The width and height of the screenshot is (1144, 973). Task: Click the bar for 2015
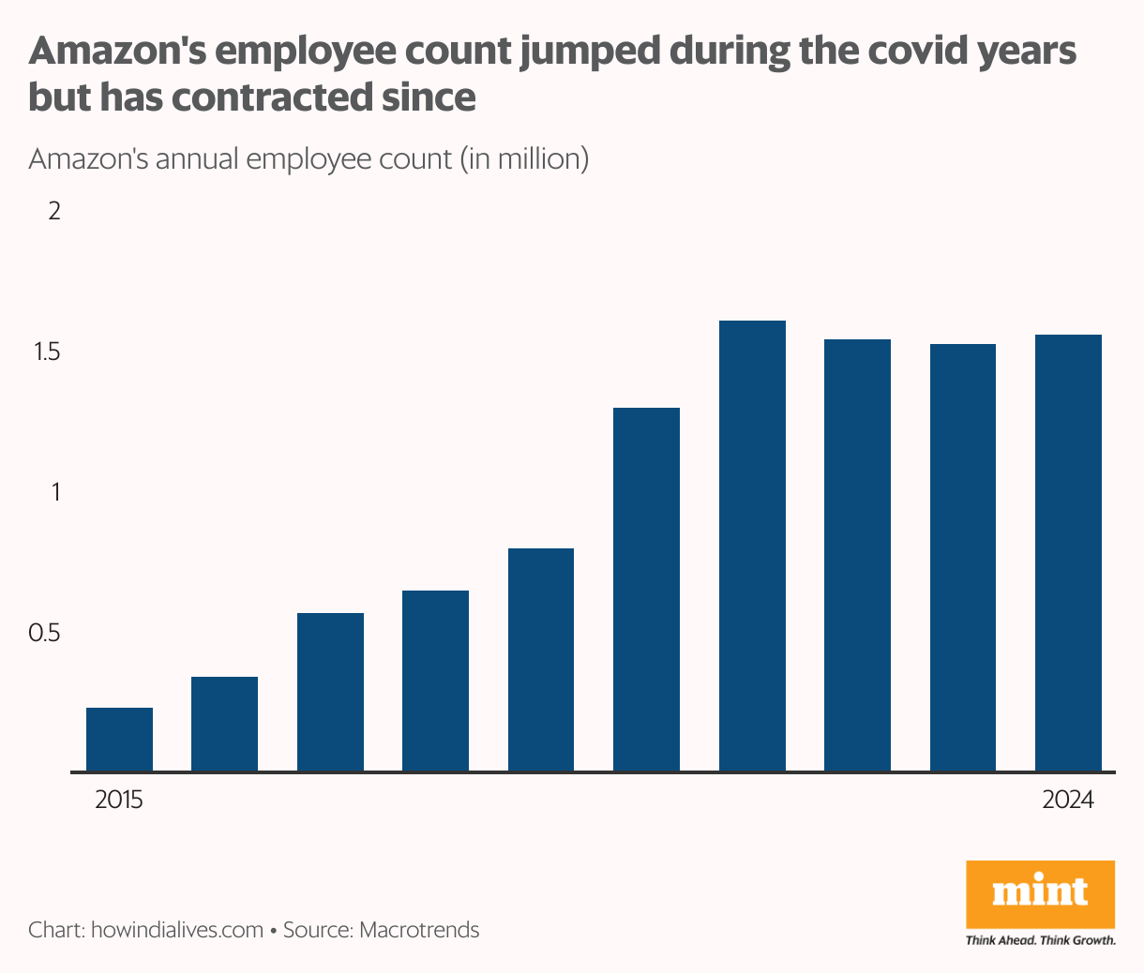click(119, 740)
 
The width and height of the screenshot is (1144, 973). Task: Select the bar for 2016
click(224, 724)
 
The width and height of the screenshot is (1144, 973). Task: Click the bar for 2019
click(541, 660)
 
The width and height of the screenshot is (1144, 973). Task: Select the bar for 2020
click(646, 590)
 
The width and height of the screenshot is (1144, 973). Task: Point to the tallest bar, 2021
click(752, 546)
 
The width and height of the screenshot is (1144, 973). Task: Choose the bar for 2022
click(857, 555)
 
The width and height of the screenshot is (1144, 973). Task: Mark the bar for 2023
click(963, 558)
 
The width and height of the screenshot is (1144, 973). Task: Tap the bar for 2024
click(1068, 553)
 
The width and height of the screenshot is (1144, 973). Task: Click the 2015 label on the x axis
click(119, 801)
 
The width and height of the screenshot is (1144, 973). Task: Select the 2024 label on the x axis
click(1068, 801)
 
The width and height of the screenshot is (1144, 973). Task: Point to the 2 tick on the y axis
click(54, 211)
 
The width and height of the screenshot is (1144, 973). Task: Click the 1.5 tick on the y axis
click(46, 352)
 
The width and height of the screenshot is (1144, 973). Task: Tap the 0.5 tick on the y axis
click(44, 633)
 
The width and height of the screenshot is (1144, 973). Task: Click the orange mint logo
click(1040, 893)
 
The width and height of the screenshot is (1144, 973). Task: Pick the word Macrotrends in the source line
click(419, 930)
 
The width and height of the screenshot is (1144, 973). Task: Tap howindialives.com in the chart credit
click(177, 930)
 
